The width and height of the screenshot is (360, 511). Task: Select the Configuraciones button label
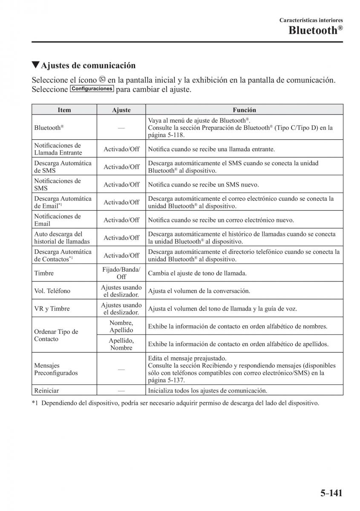(92, 89)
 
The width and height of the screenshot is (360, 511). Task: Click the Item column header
(64, 110)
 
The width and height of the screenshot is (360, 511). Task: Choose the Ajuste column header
(121, 110)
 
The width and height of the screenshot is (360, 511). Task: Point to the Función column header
(244, 110)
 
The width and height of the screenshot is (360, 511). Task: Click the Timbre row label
(44, 273)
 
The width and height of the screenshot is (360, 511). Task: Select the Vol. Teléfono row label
(52, 291)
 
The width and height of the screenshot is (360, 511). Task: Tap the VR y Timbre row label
(52, 309)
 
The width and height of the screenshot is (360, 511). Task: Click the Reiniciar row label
(46, 390)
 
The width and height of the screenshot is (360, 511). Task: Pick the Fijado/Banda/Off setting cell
(121, 273)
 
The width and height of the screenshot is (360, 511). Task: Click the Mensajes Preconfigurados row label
(56, 369)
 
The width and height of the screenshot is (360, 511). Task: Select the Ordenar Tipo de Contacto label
(56, 336)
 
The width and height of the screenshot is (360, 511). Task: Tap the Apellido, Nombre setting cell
(121, 344)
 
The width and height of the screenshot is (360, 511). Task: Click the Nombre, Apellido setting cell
(121, 327)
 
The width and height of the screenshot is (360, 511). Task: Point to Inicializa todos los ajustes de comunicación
(207, 390)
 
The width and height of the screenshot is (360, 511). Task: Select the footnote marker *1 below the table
(35, 403)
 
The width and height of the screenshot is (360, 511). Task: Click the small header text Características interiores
(311, 20)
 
